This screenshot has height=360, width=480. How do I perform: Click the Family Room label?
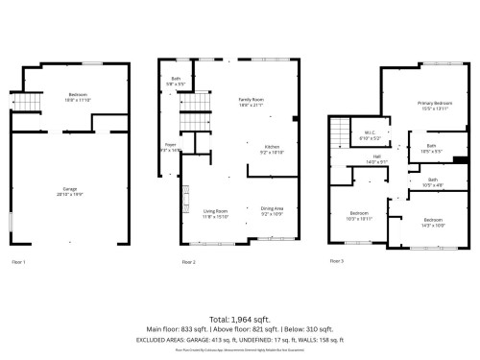252,101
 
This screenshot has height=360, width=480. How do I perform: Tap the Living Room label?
215,211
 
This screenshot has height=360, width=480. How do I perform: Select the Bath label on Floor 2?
177,78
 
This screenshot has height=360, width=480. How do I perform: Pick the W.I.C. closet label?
369,134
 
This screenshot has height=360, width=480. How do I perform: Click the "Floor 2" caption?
189,261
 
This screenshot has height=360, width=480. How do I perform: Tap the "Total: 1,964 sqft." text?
240,319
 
